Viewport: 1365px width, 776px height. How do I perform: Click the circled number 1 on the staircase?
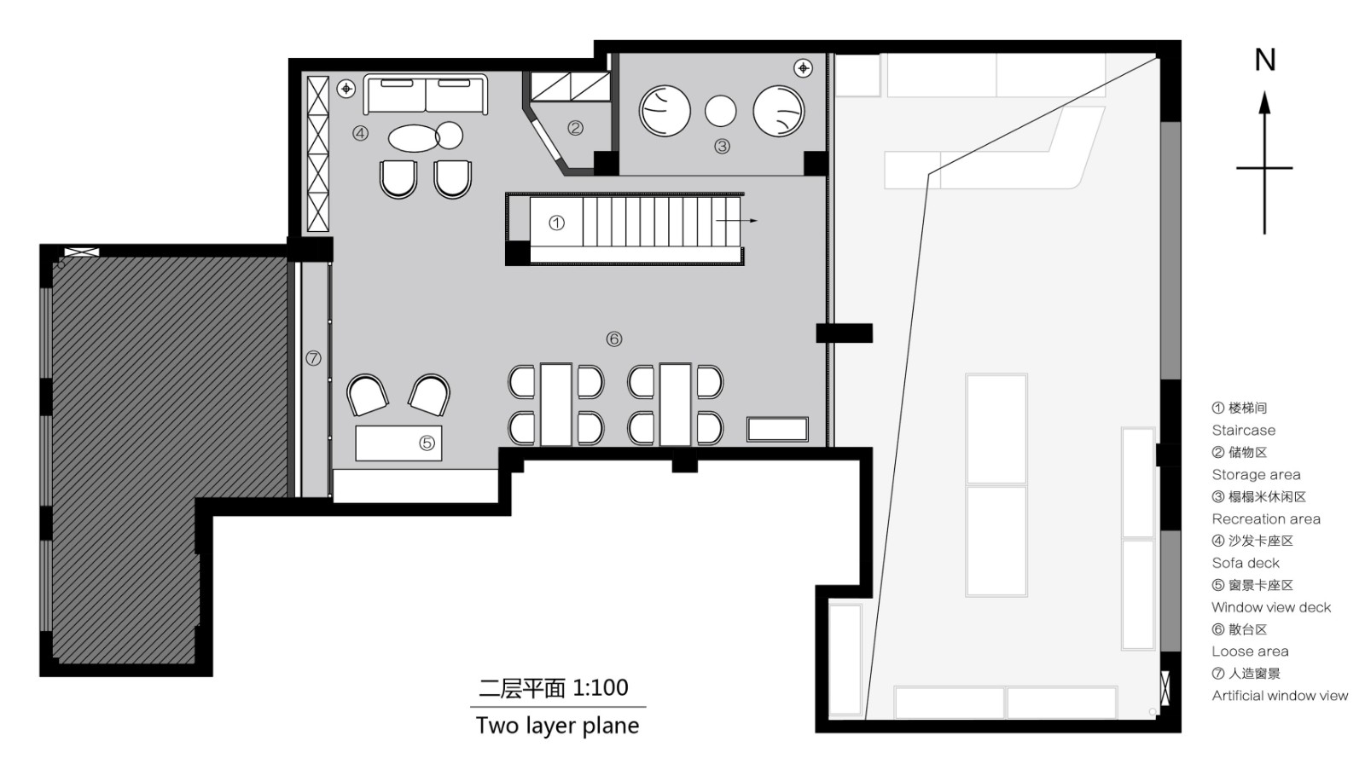click(x=556, y=223)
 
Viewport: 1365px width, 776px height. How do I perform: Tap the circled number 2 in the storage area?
click(x=576, y=128)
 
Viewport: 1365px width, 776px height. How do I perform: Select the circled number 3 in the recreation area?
click(x=722, y=147)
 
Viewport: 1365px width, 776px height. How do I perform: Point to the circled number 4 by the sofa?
click(x=361, y=134)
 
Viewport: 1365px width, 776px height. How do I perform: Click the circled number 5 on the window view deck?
click(x=427, y=443)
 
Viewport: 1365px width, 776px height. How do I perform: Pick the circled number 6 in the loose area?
click(x=614, y=339)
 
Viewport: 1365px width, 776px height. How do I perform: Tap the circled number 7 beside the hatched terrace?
click(x=313, y=358)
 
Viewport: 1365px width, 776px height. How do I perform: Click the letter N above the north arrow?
click(x=1264, y=61)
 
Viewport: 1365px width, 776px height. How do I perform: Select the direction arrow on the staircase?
click(x=736, y=221)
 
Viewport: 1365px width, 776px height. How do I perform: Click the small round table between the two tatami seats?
click(x=721, y=111)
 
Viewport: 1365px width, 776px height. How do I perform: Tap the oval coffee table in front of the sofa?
click(x=415, y=138)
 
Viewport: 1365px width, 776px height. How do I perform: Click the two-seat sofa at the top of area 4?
click(x=426, y=94)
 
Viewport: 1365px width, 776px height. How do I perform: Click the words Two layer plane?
click(x=557, y=726)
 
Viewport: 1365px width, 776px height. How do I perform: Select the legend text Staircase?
click(x=1243, y=431)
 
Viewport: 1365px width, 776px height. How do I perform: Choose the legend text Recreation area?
click(x=1266, y=519)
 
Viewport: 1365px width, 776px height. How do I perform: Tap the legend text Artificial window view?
click(x=1280, y=696)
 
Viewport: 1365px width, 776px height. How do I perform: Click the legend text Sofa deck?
click(x=1246, y=564)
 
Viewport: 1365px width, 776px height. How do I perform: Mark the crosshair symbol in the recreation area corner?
click(x=803, y=67)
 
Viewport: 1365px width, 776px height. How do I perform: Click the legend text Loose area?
click(x=1250, y=651)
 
